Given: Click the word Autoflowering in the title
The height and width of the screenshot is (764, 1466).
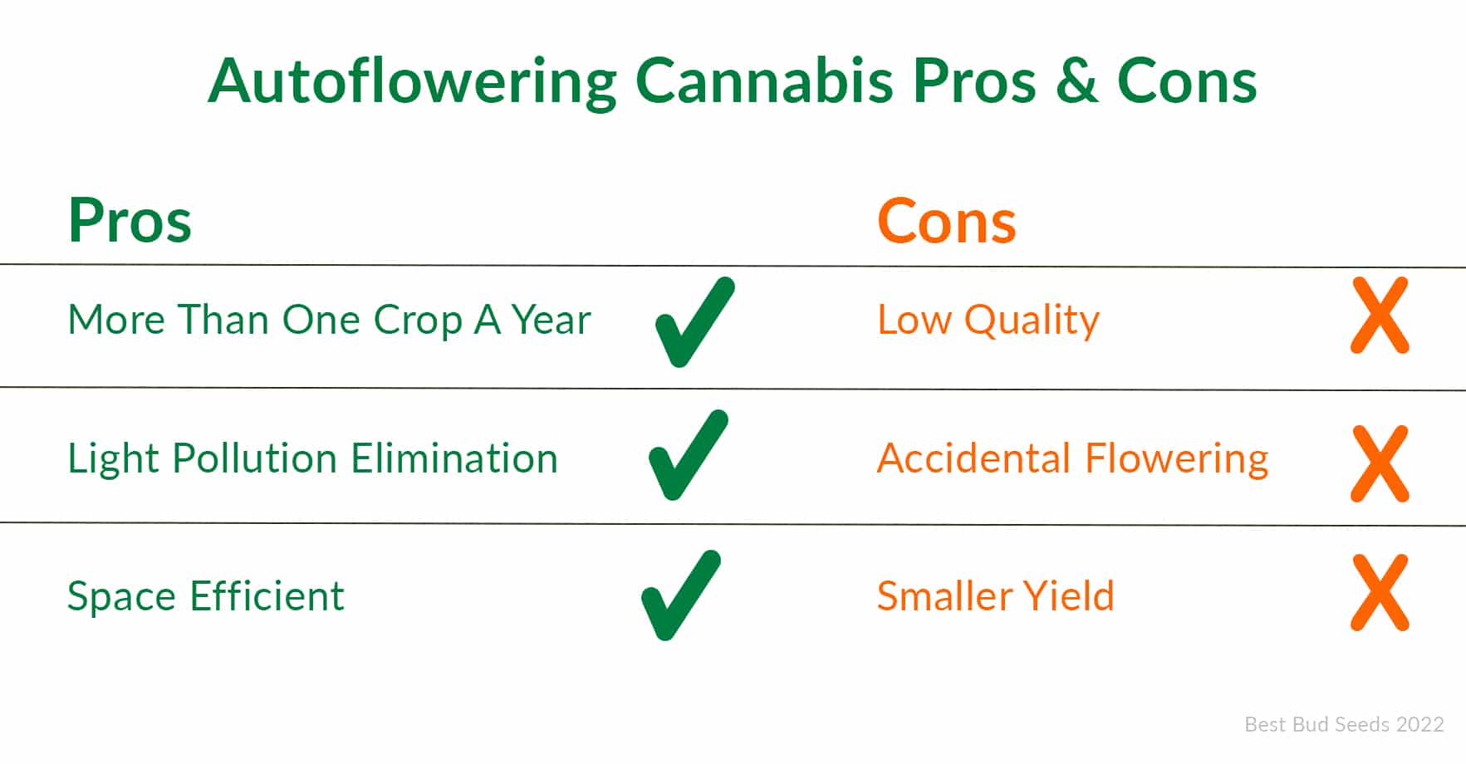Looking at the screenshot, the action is pos(413,83).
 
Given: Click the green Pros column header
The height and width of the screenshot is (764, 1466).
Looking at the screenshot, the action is pos(130,221).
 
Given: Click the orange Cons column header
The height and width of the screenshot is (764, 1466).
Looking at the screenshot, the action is pos(947,221).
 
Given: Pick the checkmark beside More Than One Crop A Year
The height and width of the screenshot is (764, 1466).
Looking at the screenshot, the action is pos(695,322).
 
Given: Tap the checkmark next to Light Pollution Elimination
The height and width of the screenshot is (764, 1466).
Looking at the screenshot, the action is pos(689,455).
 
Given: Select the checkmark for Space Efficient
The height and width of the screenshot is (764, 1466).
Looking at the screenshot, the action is pos(681,595).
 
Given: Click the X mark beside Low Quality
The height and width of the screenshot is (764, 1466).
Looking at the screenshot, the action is pos(1380,316).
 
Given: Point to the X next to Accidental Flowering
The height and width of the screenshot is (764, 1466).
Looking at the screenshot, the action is pos(1380,463).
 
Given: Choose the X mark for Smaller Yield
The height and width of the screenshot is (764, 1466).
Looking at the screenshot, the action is pos(1380,593).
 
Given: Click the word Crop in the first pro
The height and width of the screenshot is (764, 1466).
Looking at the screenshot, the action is pos(418,321).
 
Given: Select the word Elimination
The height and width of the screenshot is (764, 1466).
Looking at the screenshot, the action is pos(454,458).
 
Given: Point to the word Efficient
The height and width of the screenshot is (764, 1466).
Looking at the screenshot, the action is pos(267,596).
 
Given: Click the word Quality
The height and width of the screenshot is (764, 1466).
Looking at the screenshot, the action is pos(1032,321).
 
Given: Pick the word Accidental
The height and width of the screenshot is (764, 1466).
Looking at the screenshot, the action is pos(974,458).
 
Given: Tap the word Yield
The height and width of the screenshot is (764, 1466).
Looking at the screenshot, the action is pos(1068,596).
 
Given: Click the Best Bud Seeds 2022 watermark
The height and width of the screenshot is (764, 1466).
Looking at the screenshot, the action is pos(1344,725).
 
